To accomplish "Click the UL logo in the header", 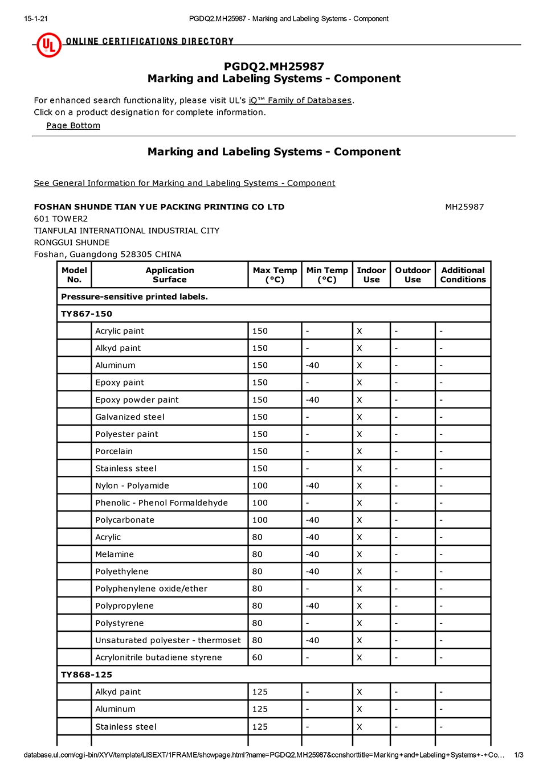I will (x=49, y=44).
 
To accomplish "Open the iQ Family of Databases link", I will (x=300, y=100).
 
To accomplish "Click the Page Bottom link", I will (x=73, y=125).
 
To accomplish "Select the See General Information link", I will (x=184, y=183).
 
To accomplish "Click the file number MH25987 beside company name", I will (x=464, y=207).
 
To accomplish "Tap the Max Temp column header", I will (x=275, y=274).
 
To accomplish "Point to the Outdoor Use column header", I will (x=413, y=274).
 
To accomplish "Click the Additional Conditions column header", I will (x=463, y=274).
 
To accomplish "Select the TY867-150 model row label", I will (x=87, y=314).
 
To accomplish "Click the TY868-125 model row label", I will (x=87, y=675).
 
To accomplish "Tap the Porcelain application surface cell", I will (x=114, y=451).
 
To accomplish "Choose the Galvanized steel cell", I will (x=130, y=417).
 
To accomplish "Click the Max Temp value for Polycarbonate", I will (x=260, y=520).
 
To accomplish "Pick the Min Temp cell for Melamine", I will (x=312, y=554).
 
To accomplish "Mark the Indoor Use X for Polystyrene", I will (x=360, y=623).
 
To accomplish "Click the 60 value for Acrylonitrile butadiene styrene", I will (x=258, y=657).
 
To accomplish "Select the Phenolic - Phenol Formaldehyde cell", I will (x=161, y=503).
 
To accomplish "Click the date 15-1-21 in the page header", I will (x=36, y=19).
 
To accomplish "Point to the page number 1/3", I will (x=519, y=755).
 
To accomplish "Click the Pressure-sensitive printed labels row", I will (x=134, y=297).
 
